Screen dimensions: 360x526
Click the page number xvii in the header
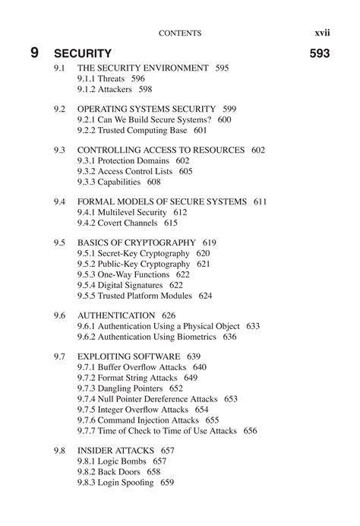(327, 33)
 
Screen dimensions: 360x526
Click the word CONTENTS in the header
(180, 33)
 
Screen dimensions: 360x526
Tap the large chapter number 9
(35, 53)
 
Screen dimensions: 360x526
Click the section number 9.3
(60, 151)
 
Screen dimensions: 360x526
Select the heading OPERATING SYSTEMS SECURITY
(145, 109)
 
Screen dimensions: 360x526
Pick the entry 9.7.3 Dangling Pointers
(120, 388)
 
